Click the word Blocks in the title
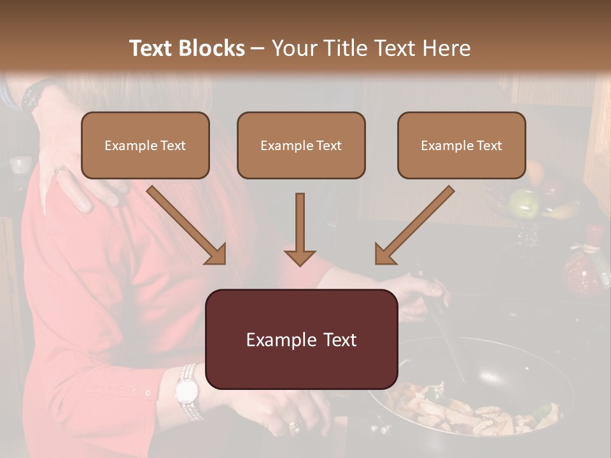tap(212, 48)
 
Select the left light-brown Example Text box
tap(145, 145)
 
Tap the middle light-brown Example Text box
tap(301, 145)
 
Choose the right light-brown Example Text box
tap(461, 145)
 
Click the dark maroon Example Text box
tap(301, 340)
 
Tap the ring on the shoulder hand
tap(59, 170)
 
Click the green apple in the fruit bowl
tap(524, 203)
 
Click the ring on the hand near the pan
tap(293, 425)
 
